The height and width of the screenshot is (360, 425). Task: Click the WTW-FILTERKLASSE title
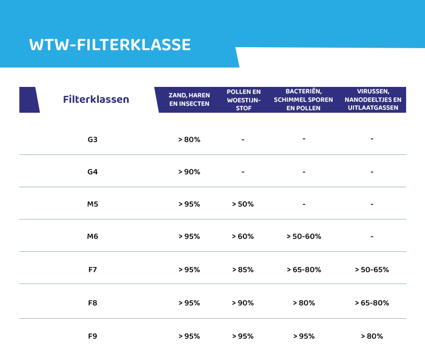pyautogui.click(x=110, y=45)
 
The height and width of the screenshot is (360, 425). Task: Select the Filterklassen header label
pyautogui.click(x=96, y=99)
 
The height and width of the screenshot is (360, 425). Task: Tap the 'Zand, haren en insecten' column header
pyautogui.click(x=189, y=99)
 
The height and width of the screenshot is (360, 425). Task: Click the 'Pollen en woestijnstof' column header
pyautogui.click(x=243, y=99)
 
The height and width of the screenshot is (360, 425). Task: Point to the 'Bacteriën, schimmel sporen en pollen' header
pyautogui.click(x=303, y=99)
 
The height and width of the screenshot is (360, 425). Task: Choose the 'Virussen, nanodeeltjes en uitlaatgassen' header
pyautogui.click(x=372, y=99)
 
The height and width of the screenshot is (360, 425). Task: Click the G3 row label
pyautogui.click(x=92, y=140)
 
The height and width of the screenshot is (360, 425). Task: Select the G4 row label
pyautogui.click(x=92, y=172)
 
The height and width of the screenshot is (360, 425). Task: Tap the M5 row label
pyautogui.click(x=92, y=204)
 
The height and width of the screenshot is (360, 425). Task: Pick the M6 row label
pyautogui.click(x=92, y=236)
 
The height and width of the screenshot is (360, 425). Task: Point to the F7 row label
pyautogui.click(x=92, y=270)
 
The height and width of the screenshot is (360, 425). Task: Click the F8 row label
pyautogui.click(x=92, y=303)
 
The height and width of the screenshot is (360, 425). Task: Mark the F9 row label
pyautogui.click(x=92, y=336)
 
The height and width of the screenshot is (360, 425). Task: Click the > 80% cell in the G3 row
pyautogui.click(x=189, y=140)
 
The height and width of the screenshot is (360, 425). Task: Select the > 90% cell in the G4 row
pyautogui.click(x=189, y=172)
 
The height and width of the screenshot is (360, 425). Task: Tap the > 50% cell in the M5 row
pyautogui.click(x=243, y=204)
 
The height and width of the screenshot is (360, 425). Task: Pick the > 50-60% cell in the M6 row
pyautogui.click(x=304, y=236)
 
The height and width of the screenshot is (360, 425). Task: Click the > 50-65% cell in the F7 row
pyautogui.click(x=372, y=270)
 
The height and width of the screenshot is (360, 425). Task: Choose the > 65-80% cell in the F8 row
pyautogui.click(x=372, y=303)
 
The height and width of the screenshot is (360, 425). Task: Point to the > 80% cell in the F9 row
pyautogui.click(x=372, y=336)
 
